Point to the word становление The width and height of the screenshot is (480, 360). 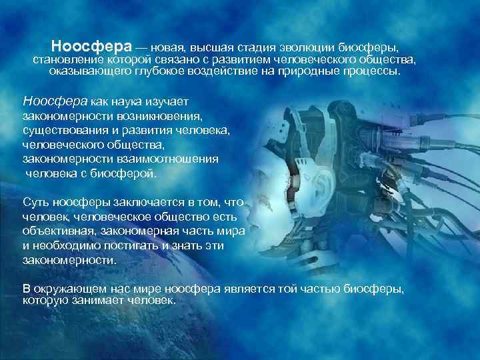(68, 60)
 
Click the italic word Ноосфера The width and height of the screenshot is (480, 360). (55, 101)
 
